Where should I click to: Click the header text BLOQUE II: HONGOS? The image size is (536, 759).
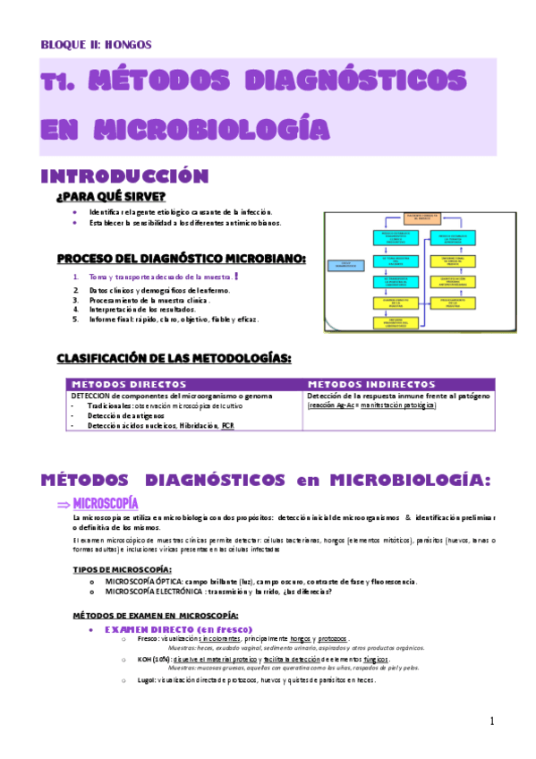coord(97,44)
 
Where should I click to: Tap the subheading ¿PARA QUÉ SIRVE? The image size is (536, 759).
coord(110,197)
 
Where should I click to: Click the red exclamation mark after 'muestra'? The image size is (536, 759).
coord(235,277)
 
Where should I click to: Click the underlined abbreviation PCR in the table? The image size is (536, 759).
coord(229,426)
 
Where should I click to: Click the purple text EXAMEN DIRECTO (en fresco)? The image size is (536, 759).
coord(178,629)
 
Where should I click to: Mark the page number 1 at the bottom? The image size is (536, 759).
coord(491,721)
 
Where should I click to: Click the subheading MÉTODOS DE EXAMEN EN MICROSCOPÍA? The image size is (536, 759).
coord(154,616)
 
